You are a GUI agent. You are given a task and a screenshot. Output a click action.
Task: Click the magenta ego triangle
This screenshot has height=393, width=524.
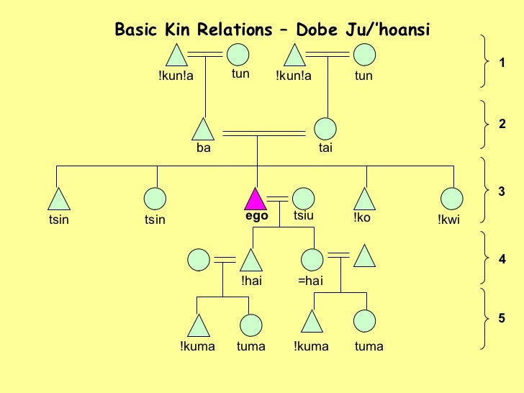pyautogui.click(x=256, y=199)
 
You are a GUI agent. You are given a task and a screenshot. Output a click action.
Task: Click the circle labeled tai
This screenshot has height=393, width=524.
pyautogui.click(x=325, y=130)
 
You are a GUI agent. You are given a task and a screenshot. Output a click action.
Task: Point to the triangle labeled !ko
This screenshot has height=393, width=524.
pyautogui.click(x=366, y=199)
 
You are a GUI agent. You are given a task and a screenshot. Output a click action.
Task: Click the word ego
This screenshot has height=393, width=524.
pyautogui.click(x=256, y=216)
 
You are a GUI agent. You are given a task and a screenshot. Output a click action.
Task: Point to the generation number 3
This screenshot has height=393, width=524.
pyautogui.click(x=502, y=191)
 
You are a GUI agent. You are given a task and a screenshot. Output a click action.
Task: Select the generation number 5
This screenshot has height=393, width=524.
pyautogui.click(x=502, y=318)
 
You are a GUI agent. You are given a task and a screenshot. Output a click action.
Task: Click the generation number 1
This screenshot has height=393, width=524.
pyautogui.click(x=502, y=63)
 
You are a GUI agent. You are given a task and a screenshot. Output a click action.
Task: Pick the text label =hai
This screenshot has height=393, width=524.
pyautogui.click(x=310, y=281)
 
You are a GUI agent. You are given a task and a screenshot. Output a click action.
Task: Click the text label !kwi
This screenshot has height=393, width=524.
pyautogui.click(x=448, y=220)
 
